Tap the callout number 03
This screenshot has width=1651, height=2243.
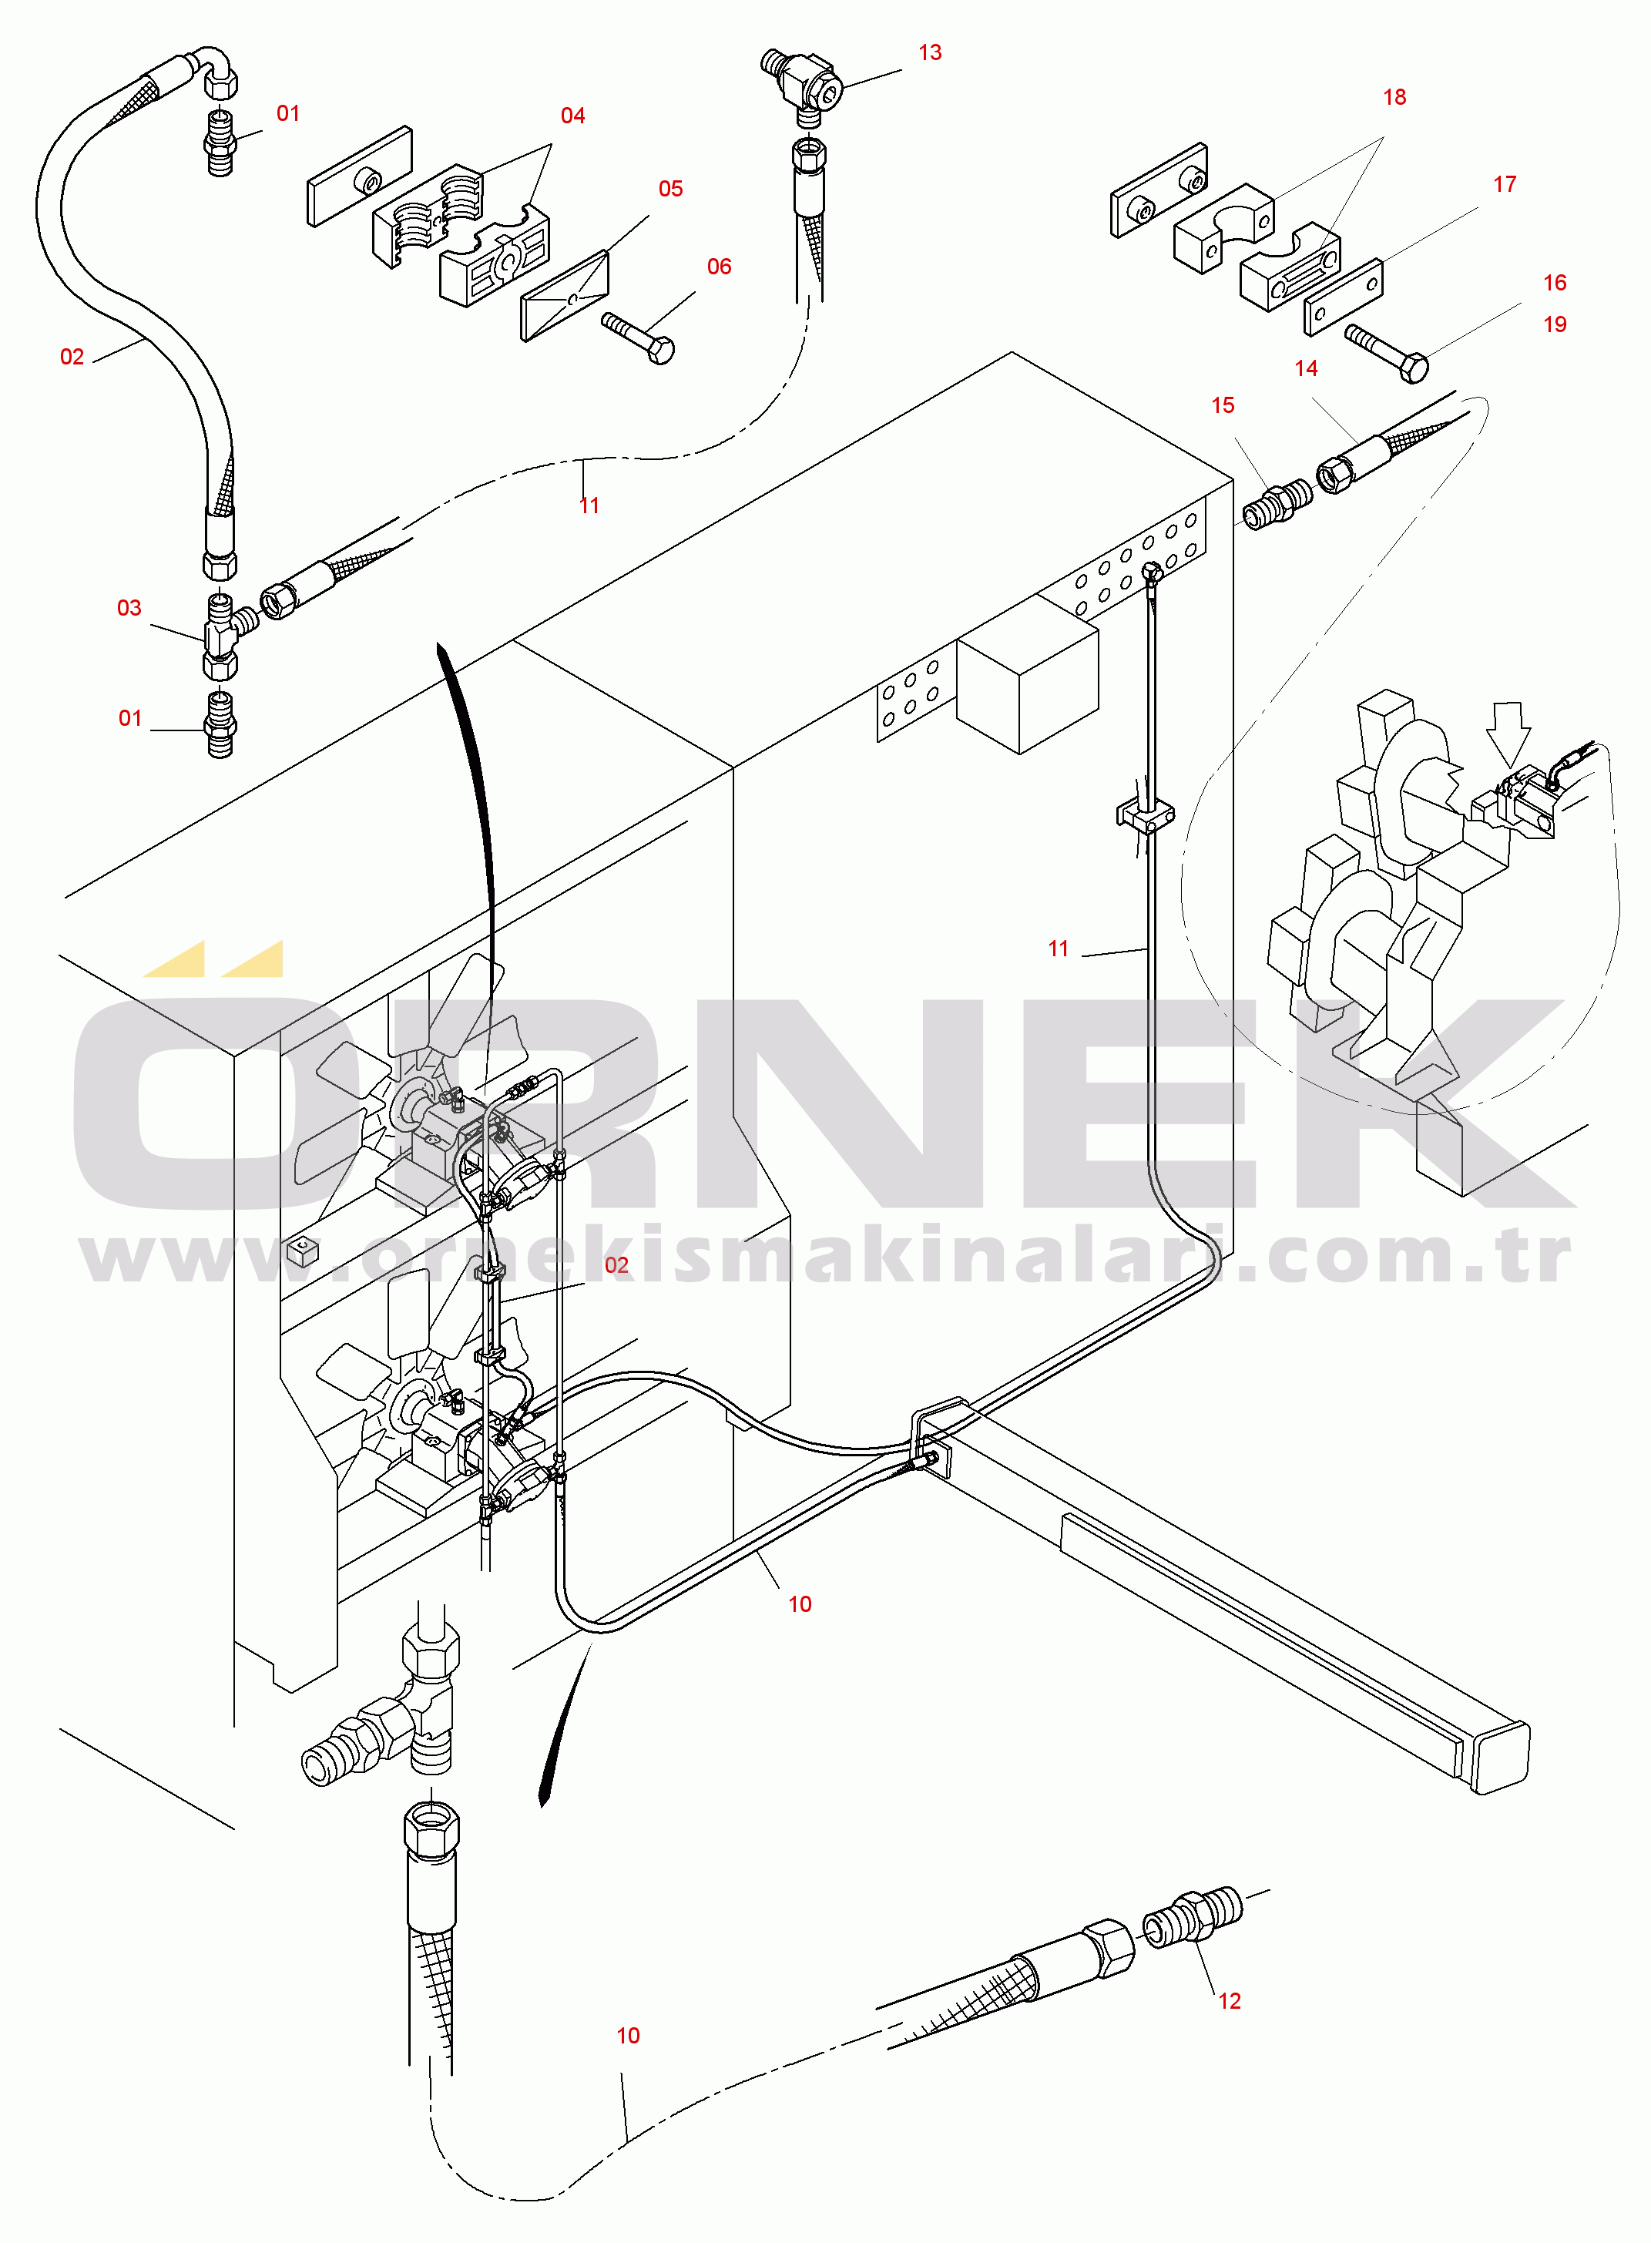[x=129, y=608]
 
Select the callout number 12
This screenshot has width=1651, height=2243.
[x=1230, y=2000]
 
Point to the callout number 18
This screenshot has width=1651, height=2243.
[x=1394, y=97]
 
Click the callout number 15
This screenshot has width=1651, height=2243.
[x=1222, y=405]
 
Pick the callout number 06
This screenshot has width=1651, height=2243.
[x=719, y=267]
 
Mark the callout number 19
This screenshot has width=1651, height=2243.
[x=1554, y=324]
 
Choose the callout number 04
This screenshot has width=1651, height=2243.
[x=572, y=116]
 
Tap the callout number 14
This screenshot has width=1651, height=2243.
[x=1305, y=368]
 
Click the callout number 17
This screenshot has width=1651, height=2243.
[x=1504, y=184]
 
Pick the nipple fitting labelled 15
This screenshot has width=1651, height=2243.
[x=1277, y=505]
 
